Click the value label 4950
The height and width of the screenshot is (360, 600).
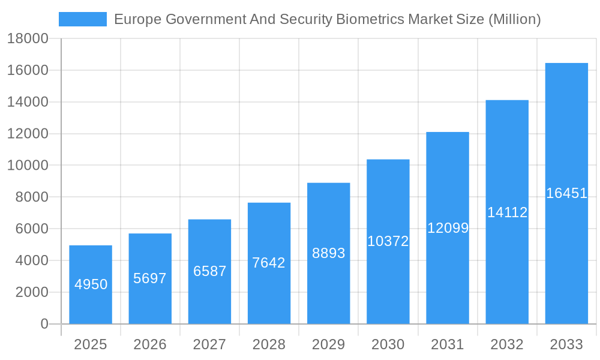coord(91,284)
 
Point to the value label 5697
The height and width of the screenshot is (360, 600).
coord(150,278)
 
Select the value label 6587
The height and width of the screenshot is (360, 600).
coord(210,271)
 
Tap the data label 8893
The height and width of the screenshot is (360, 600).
coord(329,253)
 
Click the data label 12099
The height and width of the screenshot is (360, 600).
coord(448,228)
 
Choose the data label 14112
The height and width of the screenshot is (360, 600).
coord(507,212)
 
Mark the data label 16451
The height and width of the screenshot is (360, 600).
coord(566,193)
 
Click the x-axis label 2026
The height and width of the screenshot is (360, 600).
coord(150,344)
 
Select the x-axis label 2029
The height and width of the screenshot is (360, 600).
coord(329,344)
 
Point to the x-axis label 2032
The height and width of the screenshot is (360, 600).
coord(507,344)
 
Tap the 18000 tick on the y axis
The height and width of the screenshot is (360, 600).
coord(27,39)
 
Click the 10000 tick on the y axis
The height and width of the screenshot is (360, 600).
coord(27,166)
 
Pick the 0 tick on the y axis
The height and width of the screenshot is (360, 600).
coord(44,324)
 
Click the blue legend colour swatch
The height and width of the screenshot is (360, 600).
coord(83,19)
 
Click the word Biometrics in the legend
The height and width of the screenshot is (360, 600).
coord(369,19)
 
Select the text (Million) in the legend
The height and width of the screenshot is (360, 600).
coord(514,19)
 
